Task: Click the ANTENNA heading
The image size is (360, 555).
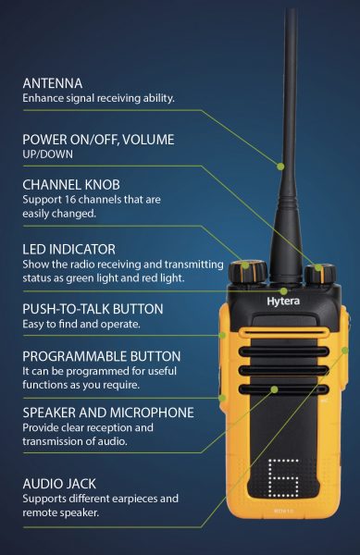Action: pos(53,83)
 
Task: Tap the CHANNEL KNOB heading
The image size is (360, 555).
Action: pos(71,185)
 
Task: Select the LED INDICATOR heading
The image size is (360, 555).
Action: pos(69,249)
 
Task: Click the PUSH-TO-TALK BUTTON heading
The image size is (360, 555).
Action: pos(93,309)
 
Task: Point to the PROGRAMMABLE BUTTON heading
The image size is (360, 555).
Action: pos(102,356)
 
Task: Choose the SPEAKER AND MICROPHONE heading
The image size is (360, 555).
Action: pos(108,413)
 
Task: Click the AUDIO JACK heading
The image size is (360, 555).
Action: pos(59,484)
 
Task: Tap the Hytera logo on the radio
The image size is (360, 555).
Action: pos(283,302)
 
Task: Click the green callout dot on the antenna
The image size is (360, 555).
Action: pos(280,166)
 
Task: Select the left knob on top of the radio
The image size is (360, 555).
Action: pos(247,271)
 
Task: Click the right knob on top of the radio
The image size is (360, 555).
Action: pos(320,273)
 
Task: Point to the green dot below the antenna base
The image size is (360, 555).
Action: pos(283,291)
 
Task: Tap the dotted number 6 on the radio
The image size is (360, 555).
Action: pos(283,478)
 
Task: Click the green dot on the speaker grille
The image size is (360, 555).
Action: pos(274,389)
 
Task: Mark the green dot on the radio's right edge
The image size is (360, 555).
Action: pos(345,350)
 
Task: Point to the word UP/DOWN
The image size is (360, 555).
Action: pos(48,154)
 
